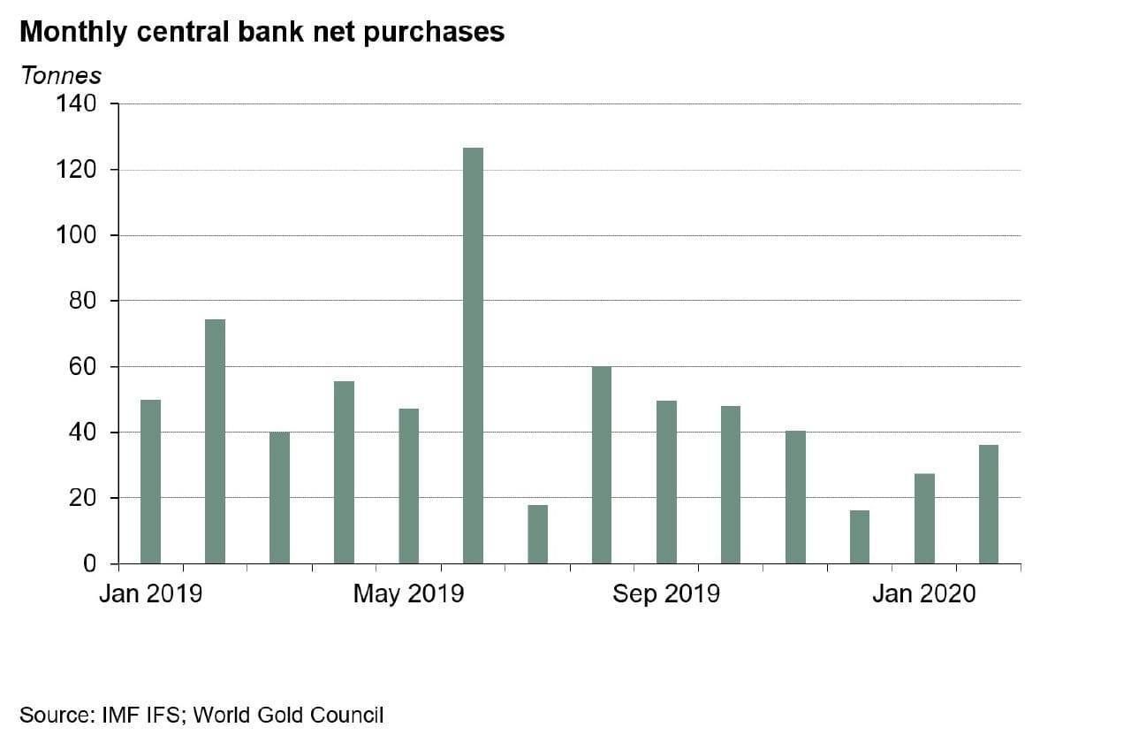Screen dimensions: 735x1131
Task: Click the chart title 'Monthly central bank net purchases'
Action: coord(262,32)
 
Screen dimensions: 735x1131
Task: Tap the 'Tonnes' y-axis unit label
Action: coord(60,76)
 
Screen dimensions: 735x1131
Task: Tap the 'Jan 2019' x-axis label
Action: coord(150,593)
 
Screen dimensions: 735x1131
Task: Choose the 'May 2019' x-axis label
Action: coord(408,593)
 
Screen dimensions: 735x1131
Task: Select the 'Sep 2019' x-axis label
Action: coord(666,593)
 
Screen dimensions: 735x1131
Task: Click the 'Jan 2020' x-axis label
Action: coord(923,593)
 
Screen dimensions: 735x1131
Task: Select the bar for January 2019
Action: coord(150,482)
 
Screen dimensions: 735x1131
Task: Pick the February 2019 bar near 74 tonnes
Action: coord(215,441)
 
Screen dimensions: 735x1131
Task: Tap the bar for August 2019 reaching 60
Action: coord(602,465)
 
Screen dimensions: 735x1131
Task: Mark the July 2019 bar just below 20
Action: coord(537,534)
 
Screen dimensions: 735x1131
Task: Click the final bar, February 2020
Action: coord(988,504)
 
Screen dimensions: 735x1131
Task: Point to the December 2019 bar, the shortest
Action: coord(859,537)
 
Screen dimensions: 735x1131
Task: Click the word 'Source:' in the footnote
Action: coord(55,715)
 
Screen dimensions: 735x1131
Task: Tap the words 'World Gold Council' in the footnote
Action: coord(288,715)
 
